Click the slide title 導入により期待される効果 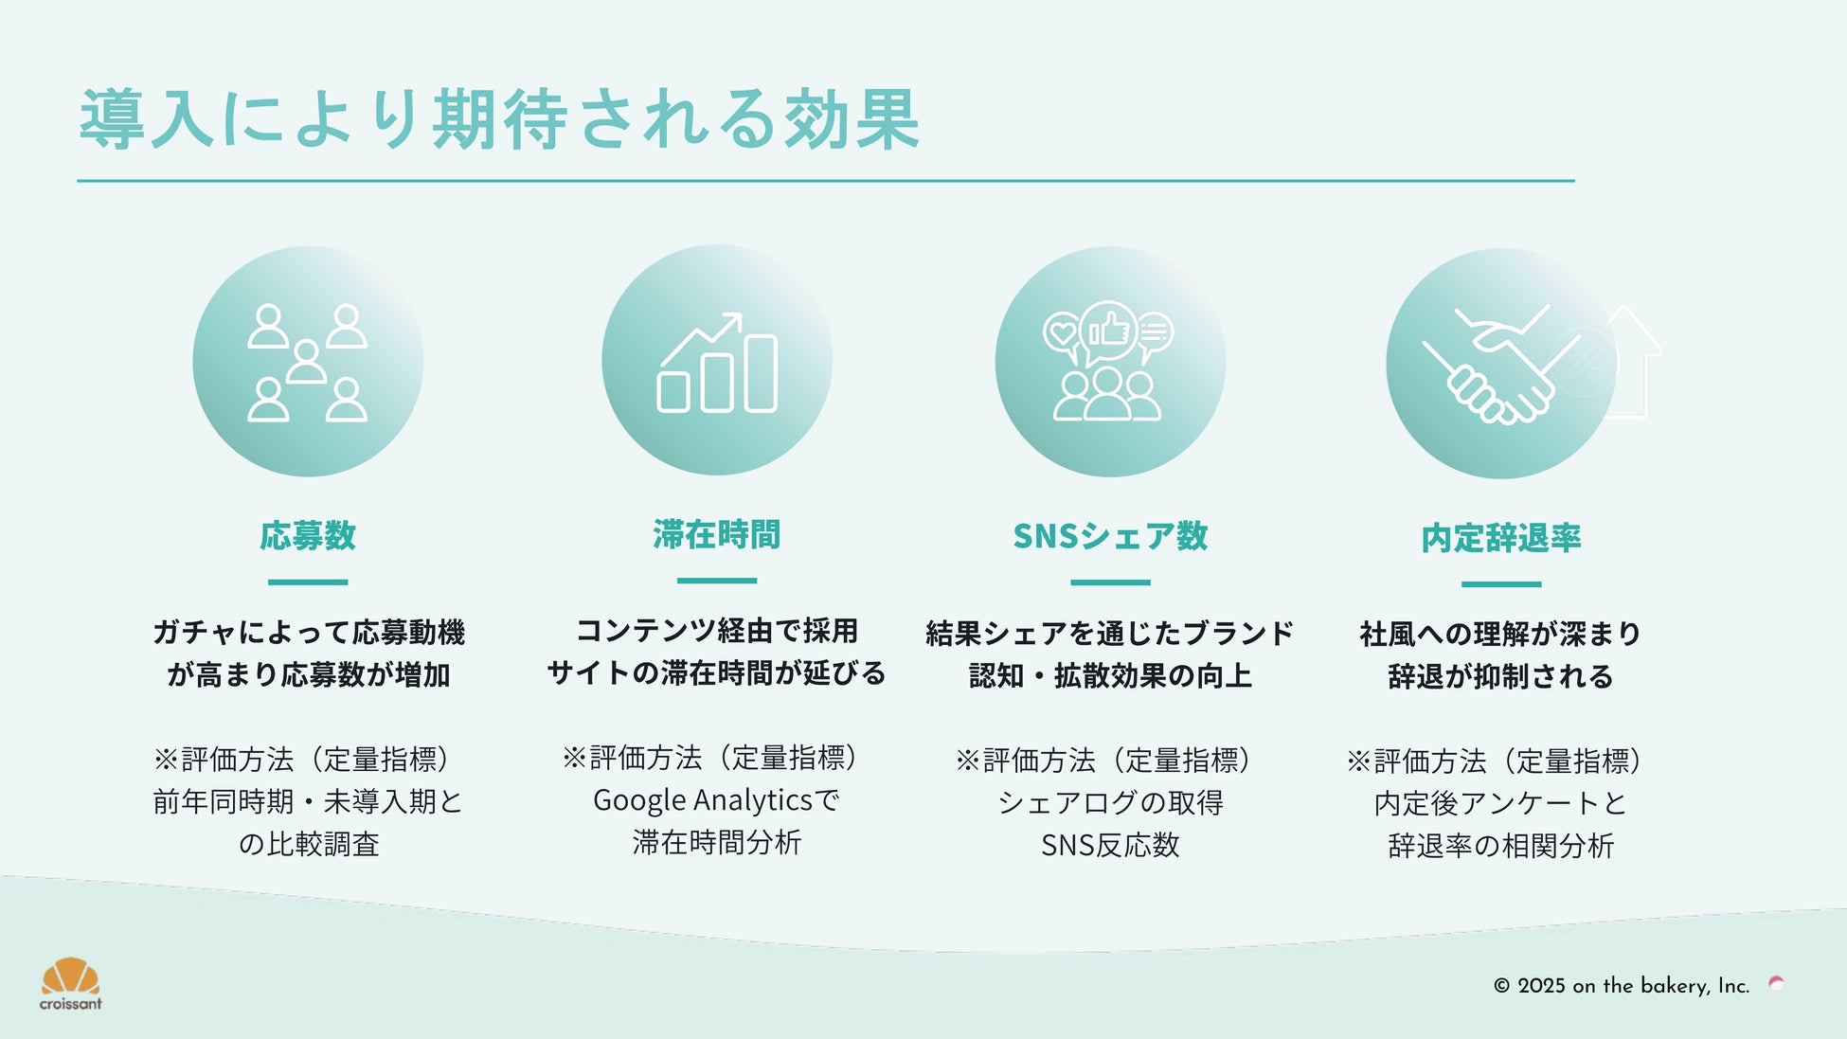click(x=499, y=119)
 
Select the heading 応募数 click(x=308, y=536)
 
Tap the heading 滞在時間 click(x=717, y=535)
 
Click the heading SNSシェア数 click(x=1110, y=536)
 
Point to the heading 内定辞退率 click(x=1501, y=538)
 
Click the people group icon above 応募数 click(x=308, y=362)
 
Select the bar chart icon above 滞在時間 click(x=717, y=362)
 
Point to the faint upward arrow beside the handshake click(x=1633, y=362)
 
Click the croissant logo click(x=71, y=984)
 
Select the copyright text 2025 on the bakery click(x=1622, y=986)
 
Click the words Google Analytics click(x=702, y=801)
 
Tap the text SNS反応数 click(x=1110, y=845)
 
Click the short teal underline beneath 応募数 click(x=308, y=582)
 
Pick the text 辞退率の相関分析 click(x=1501, y=846)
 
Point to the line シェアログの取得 click(x=1110, y=803)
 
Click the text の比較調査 click(x=309, y=844)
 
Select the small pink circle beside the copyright click(x=1777, y=984)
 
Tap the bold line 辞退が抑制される click(x=1501, y=676)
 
